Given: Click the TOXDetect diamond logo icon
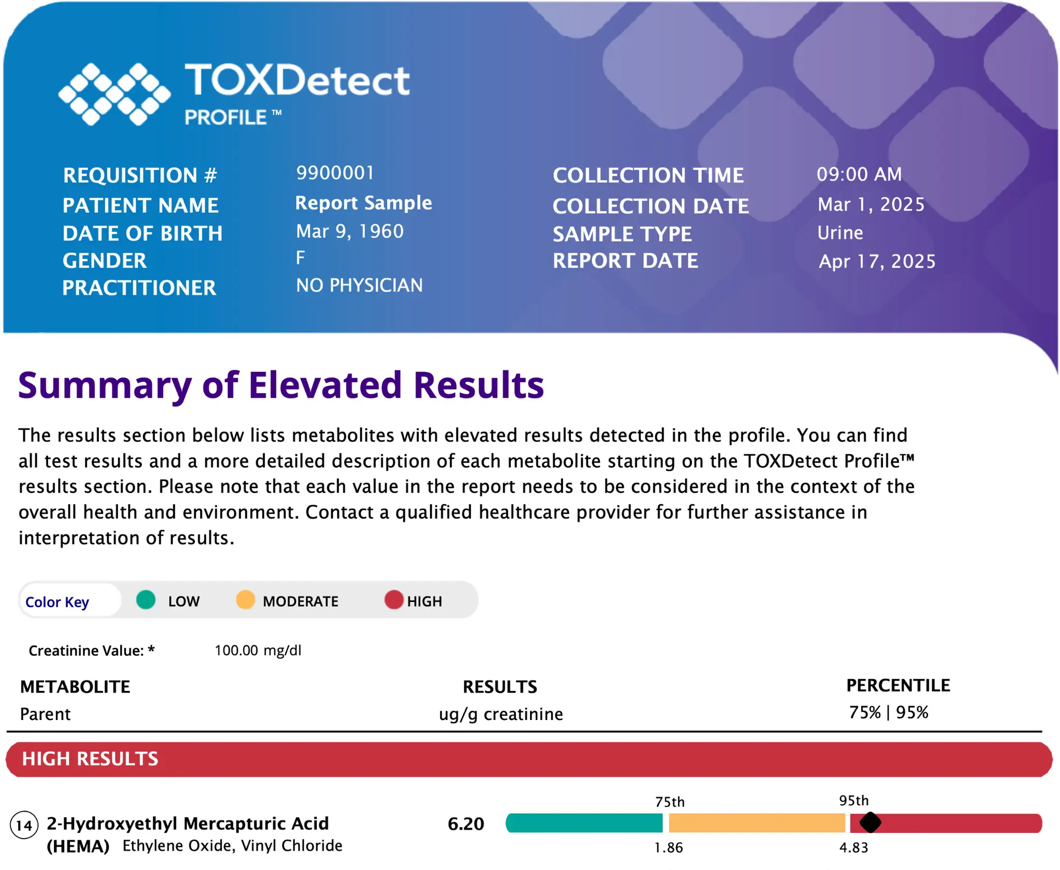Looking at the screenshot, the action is click(114, 94).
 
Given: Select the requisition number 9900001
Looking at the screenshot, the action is click(335, 173).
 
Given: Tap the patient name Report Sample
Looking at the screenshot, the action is click(363, 203).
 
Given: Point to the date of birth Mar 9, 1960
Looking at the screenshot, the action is click(350, 231).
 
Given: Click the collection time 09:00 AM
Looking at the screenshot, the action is click(859, 174).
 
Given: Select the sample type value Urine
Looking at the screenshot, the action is click(840, 233).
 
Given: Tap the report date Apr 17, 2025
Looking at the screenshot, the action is click(877, 262).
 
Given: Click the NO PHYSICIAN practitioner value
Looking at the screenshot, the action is click(359, 285).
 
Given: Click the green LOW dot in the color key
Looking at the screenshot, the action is click(146, 599).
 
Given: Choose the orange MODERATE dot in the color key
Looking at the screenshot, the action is click(245, 599).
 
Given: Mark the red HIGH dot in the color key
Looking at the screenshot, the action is click(394, 599).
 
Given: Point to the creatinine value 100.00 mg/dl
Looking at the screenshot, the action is click(258, 650).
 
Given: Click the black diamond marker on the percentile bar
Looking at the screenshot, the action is click(870, 822).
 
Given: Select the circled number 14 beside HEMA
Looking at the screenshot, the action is click(24, 825).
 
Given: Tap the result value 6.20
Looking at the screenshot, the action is click(466, 823).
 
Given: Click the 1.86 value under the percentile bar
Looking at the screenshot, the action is click(669, 848).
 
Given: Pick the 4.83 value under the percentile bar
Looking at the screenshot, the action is click(854, 848).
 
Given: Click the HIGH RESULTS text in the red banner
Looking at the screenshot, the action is click(90, 759).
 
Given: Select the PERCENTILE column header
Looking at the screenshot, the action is click(898, 685).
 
